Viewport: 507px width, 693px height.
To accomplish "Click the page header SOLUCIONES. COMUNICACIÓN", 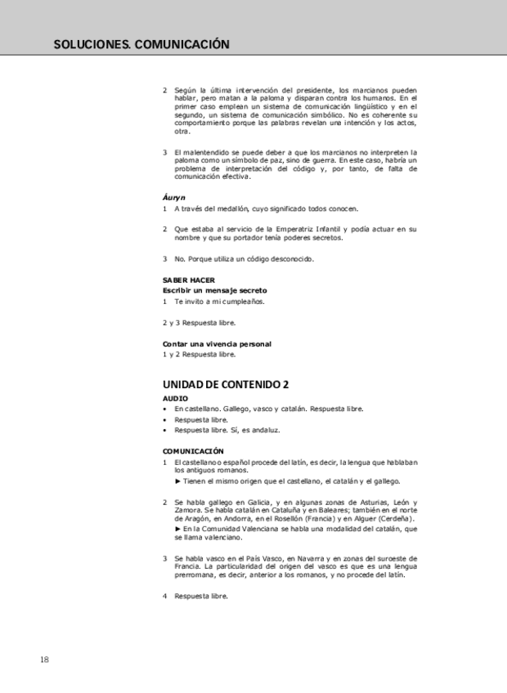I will [x=141, y=44].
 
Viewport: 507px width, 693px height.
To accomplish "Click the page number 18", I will [x=44, y=659].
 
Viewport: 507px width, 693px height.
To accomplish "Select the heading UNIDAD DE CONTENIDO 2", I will [x=226, y=383].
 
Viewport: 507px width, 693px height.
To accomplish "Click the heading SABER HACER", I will [x=189, y=279].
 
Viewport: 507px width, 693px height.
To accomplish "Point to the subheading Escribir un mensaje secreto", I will [x=215, y=290].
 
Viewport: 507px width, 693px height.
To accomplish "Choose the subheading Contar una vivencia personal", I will [x=217, y=344].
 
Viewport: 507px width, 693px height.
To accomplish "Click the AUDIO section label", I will [x=176, y=398].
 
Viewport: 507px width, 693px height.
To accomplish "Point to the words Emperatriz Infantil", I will [x=315, y=229].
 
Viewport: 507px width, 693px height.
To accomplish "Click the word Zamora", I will [x=177, y=509].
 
